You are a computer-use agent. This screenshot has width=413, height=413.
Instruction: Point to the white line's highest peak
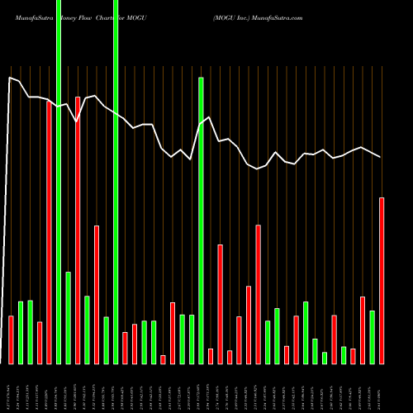pyautogui.click(x=11, y=78)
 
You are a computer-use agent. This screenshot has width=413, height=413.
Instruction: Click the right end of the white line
pyautogui.click(x=381, y=157)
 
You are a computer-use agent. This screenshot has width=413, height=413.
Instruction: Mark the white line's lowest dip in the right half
pyautogui.click(x=258, y=169)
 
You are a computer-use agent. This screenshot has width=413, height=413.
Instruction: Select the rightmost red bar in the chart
pyautogui.click(x=382, y=281)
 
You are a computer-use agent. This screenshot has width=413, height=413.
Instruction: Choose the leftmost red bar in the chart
pyautogui.click(x=11, y=339)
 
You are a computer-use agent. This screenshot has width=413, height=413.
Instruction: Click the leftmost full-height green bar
pyautogui.click(x=59, y=182)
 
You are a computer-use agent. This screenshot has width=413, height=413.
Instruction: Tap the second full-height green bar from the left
pyautogui.click(x=116, y=182)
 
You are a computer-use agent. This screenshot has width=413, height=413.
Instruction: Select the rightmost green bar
pyautogui.click(x=373, y=337)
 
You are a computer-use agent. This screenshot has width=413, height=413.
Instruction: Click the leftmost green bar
pyautogui.click(x=21, y=332)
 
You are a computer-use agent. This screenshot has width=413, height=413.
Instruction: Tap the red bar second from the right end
pyautogui.click(x=363, y=330)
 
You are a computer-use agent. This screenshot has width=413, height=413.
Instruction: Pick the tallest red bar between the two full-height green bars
pyautogui.click(x=78, y=230)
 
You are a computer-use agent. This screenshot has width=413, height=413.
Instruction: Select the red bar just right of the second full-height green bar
pyautogui.click(x=125, y=348)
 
